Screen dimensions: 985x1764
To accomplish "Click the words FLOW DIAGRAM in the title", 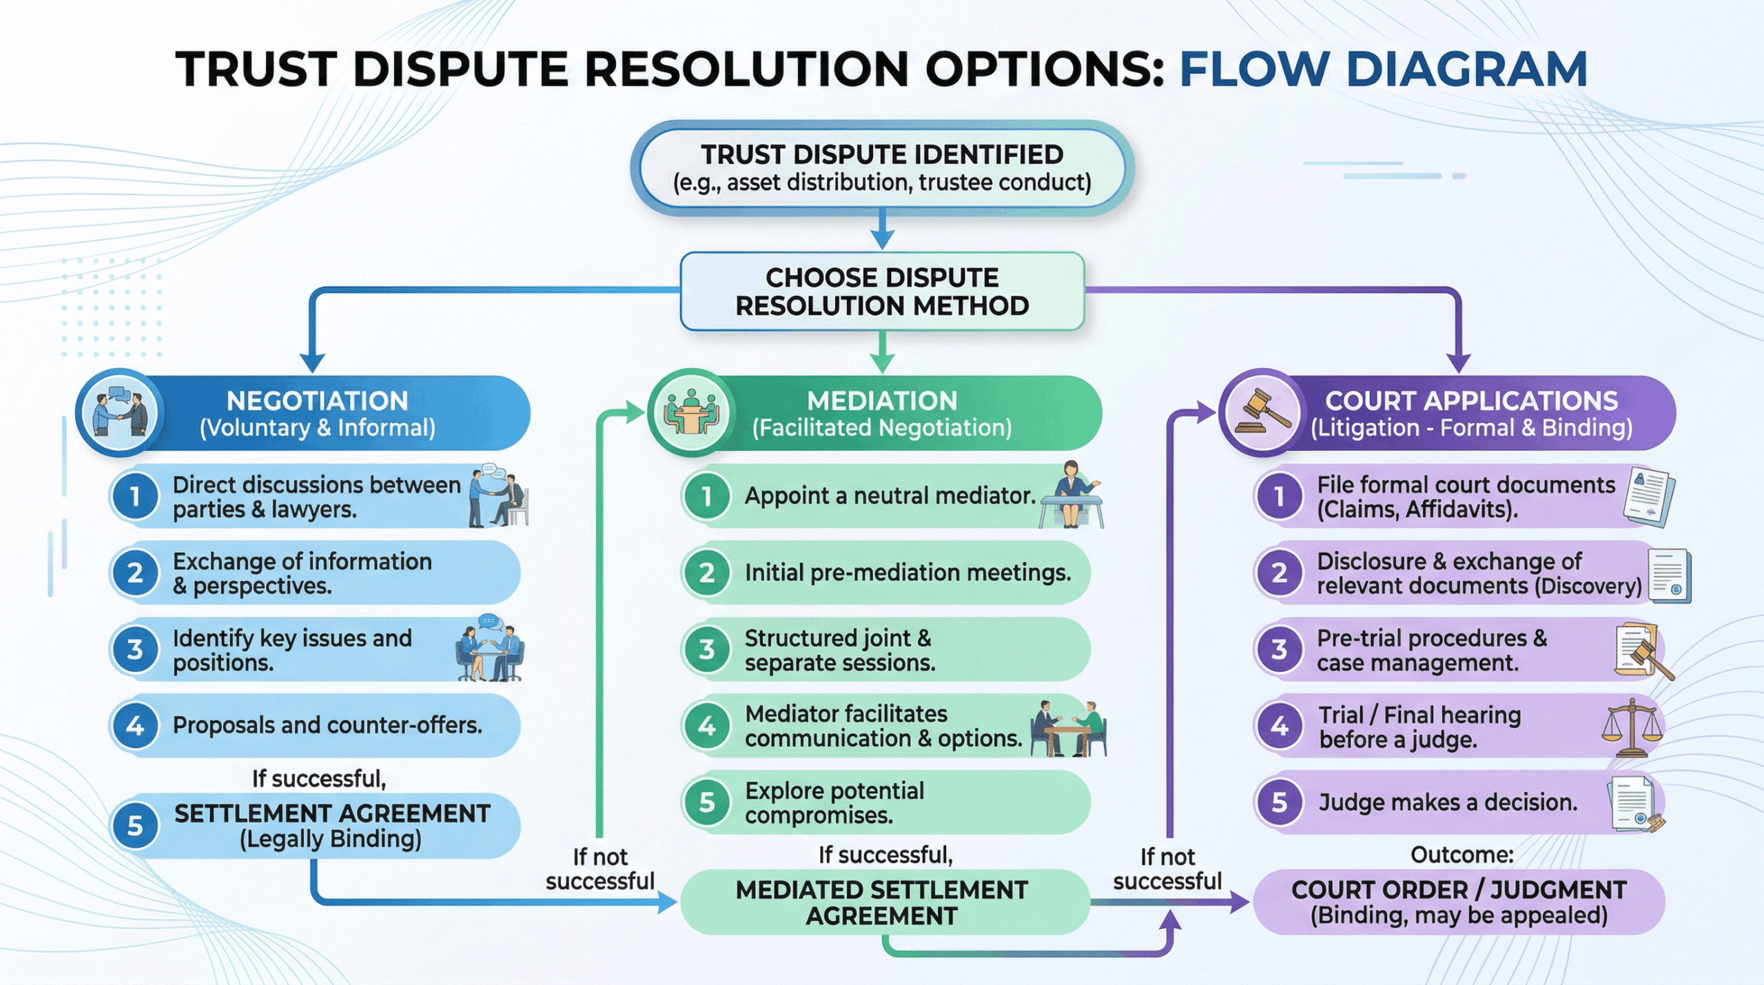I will click(1383, 69).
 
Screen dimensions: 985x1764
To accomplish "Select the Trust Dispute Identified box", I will click(882, 168).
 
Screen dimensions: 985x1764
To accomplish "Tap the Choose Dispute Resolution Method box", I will click(882, 292).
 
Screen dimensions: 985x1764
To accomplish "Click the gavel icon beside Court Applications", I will click(1262, 413).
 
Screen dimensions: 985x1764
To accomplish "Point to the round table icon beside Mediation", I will click(690, 413).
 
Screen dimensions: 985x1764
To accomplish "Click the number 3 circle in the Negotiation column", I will click(135, 649).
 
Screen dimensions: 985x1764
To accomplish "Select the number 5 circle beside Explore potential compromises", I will click(706, 802).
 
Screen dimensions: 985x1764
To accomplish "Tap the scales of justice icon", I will click(1632, 727).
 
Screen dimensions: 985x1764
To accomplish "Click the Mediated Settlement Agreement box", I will click(882, 902).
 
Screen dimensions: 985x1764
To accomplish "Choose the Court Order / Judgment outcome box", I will click(1459, 902).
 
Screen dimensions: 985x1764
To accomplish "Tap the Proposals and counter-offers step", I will click(327, 725).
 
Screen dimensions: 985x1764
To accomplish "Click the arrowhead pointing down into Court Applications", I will click(1459, 363).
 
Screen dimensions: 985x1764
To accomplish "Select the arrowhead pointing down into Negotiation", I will click(313, 363).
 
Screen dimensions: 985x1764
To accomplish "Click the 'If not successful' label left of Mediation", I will click(599, 869).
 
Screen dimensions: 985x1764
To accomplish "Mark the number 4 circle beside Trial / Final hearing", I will click(1279, 726).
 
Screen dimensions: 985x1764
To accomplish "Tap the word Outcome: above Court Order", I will click(1462, 855).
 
